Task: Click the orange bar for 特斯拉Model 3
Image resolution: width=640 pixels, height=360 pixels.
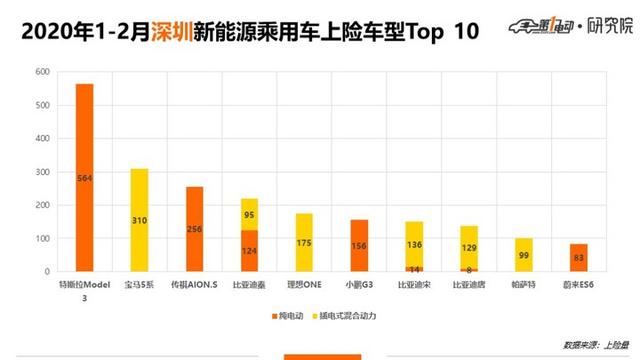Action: (85, 178)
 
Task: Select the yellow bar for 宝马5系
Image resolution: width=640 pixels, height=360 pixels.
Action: (139, 220)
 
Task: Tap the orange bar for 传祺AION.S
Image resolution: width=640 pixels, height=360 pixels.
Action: (194, 229)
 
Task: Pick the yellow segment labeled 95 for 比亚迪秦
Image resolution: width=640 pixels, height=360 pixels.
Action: (248, 213)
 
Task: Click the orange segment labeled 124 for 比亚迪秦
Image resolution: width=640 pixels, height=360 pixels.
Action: (248, 250)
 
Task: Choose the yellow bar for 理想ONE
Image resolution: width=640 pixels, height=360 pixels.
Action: (303, 242)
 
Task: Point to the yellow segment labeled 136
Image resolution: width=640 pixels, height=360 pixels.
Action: (412, 243)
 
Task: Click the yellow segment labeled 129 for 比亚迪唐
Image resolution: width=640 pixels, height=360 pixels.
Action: (466, 247)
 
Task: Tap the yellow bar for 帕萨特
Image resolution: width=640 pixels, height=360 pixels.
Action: (521, 254)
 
